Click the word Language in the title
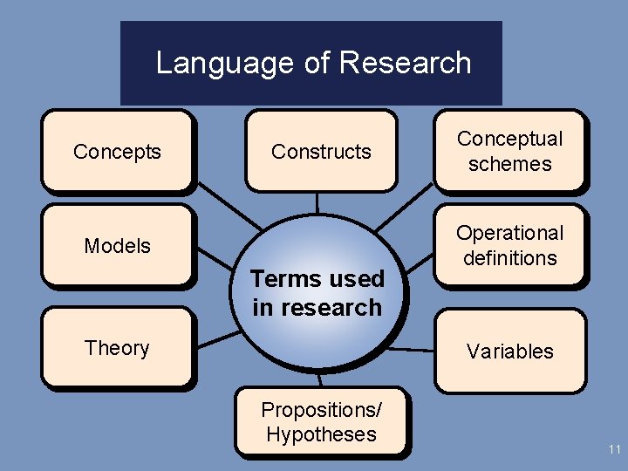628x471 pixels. (x=213, y=64)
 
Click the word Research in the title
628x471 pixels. (x=405, y=63)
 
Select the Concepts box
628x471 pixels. (x=117, y=151)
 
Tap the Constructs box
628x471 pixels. (x=321, y=151)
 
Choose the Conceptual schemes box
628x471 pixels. (x=510, y=151)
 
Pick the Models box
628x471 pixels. (x=117, y=245)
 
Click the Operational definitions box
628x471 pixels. (x=510, y=245)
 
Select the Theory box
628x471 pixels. (x=117, y=347)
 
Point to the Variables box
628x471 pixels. (x=510, y=351)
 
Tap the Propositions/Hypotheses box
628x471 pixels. (x=321, y=422)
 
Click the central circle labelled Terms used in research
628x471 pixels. (x=317, y=262)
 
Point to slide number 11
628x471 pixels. (x=614, y=450)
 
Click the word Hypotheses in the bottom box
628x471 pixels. (x=321, y=434)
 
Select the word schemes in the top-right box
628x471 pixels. (x=510, y=164)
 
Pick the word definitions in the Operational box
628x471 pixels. (x=510, y=258)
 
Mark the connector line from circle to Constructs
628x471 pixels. (x=318, y=202)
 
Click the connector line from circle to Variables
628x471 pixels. (x=410, y=349)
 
